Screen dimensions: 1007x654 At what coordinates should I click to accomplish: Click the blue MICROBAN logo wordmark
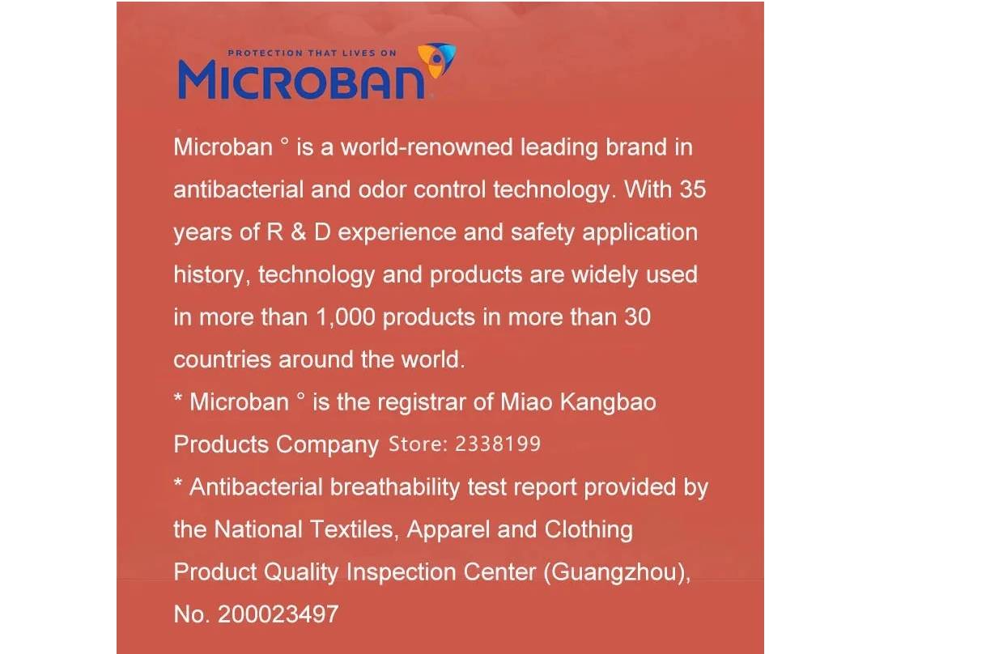tap(301, 80)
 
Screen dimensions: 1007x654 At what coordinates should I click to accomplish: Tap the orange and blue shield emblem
tap(436, 60)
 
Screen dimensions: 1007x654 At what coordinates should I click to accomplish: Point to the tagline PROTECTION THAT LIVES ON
tap(312, 53)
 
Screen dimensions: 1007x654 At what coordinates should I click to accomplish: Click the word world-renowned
tap(427, 147)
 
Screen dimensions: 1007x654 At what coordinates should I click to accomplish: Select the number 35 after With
tap(693, 189)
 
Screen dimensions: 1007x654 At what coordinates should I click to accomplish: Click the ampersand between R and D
tap(299, 232)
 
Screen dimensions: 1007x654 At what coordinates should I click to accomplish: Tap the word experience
tap(397, 233)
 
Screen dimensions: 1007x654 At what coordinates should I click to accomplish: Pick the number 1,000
tap(346, 317)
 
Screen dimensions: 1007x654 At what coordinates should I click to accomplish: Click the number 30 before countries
tap(637, 317)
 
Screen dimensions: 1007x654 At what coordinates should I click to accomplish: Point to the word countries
tap(222, 359)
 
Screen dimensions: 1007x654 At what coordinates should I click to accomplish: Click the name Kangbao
tap(608, 402)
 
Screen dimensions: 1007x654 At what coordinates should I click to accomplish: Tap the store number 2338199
tap(498, 444)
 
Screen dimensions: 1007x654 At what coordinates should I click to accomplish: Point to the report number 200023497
tap(278, 614)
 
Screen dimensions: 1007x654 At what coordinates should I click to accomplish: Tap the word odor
tap(382, 189)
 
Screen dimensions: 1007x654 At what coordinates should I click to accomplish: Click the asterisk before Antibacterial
tap(178, 483)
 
